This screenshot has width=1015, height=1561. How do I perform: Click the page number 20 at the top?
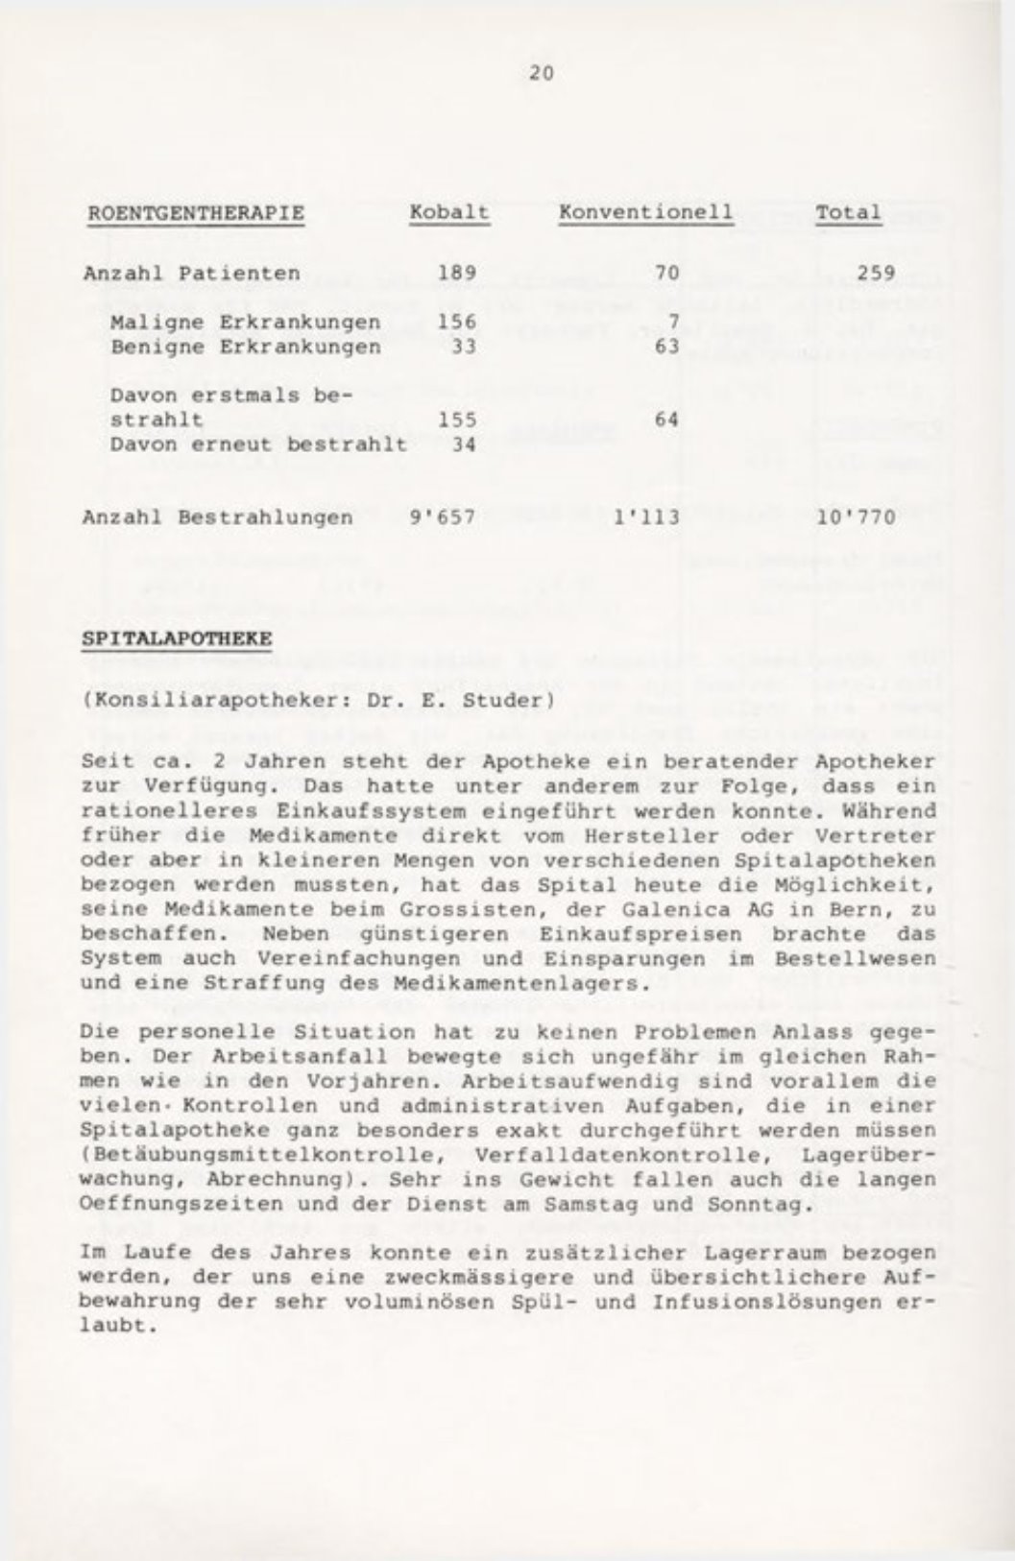[x=541, y=72]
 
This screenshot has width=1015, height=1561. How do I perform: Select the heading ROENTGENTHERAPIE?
[x=195, y=212]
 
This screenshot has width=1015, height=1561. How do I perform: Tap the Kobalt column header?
[x=449, y=212]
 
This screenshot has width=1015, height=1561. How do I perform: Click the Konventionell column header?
[x=646, y=212]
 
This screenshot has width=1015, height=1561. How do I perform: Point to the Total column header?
[x=848, y=212]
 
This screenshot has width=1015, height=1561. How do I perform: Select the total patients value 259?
[x=877, y=274]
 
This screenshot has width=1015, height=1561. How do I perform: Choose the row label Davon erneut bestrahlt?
[x=258, y=444]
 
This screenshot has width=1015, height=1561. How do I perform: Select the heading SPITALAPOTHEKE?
[x=179, y=637]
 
